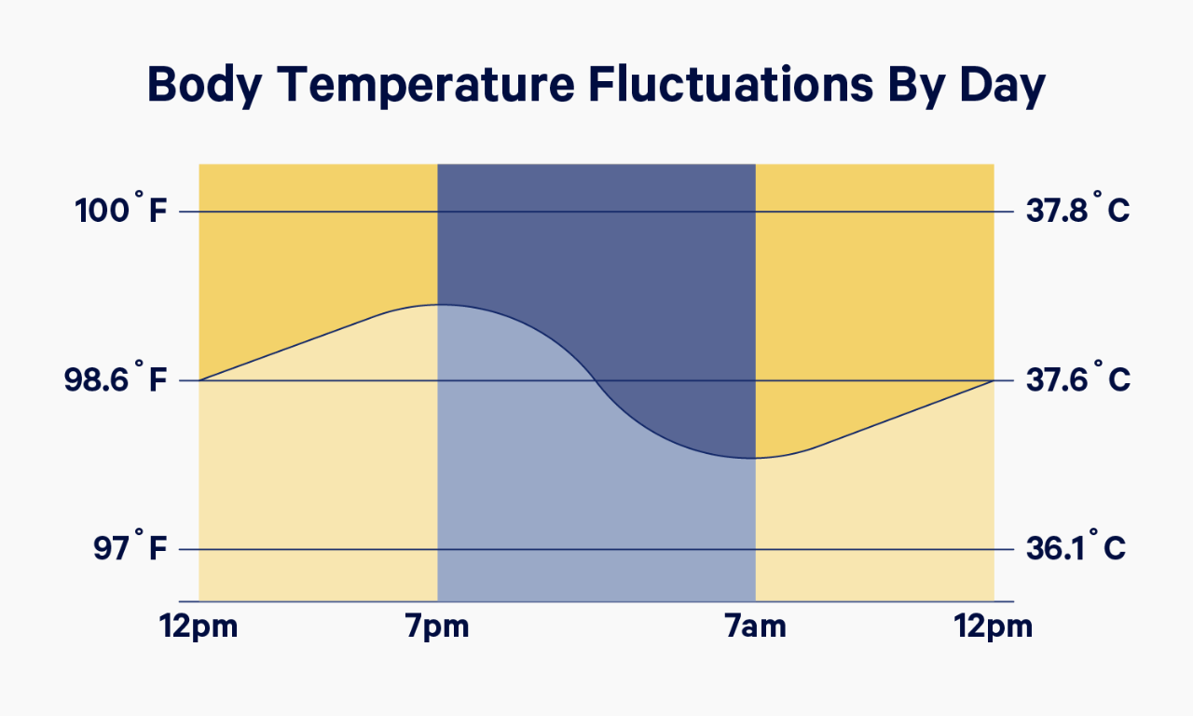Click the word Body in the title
(204, 85)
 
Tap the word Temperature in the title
(426, 85)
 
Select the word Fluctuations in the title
(732, 84)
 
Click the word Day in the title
(1002, 85)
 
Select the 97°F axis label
(130, 546)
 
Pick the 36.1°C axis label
(1076, 546)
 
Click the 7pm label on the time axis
(437, 626)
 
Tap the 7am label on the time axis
(755, 626)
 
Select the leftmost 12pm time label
(199, 626)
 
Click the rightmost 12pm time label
(994, 626)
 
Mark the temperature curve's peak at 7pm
(438, 305)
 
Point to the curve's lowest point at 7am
(755, 458)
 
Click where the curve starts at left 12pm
(199, 380)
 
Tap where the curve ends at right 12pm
(994, 380)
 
